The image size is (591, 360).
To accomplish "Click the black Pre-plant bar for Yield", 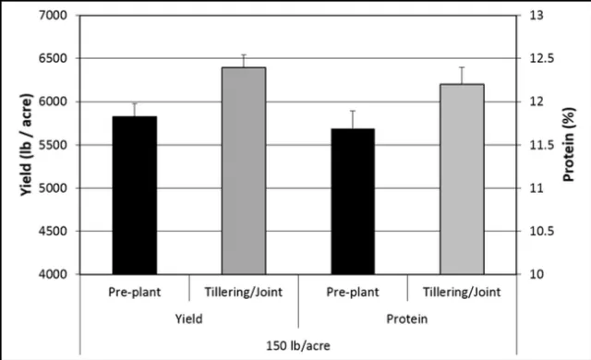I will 135,195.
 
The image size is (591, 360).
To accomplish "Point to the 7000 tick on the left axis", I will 55,16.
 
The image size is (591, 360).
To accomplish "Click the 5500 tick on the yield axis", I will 55,145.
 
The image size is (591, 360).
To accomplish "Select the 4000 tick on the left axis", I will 55,274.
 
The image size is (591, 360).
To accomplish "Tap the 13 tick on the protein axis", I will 535,16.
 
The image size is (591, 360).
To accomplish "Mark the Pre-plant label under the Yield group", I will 135,292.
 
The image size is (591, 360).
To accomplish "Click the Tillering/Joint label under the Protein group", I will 461,292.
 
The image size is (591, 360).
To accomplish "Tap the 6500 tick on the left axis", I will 55,58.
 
